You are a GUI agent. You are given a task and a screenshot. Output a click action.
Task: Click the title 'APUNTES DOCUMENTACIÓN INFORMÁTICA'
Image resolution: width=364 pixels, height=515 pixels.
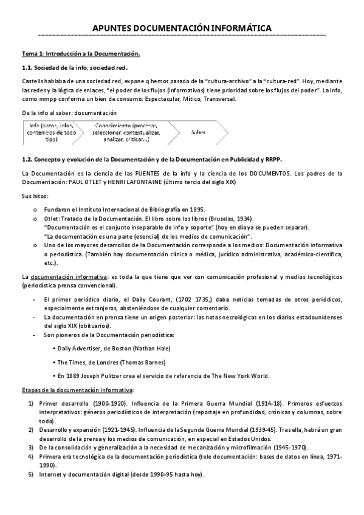pos(182,28)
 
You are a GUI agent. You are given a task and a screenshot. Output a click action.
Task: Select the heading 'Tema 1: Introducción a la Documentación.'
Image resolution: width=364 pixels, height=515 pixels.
pos(81,54)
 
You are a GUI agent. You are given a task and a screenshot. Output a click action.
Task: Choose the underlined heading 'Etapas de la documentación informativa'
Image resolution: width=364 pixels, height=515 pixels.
pos(77,389)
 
